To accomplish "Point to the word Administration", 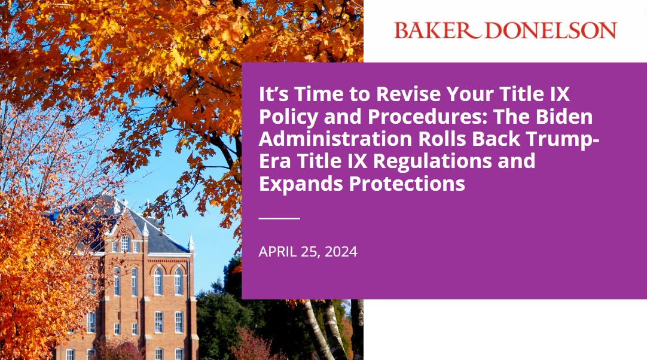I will coord(332,139).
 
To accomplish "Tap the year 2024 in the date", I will coord(341,252).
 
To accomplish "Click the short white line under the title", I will coord(279,218).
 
